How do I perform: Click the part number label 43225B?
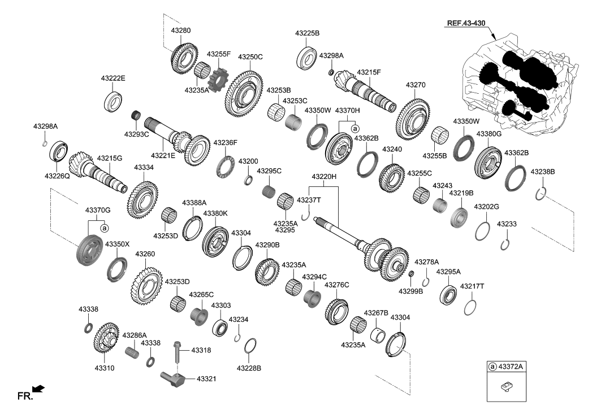(x=307, y=33)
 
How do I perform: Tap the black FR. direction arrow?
(x=38, y=389)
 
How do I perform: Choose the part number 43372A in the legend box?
(x=511, y=367)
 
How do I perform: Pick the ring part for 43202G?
(x=482, y=231)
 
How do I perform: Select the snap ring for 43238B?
(x=541, y=193)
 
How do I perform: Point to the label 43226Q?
(x=57, y=176)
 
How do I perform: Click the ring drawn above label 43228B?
(x=252, y=345)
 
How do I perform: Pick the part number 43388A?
(x=194, y=202)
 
